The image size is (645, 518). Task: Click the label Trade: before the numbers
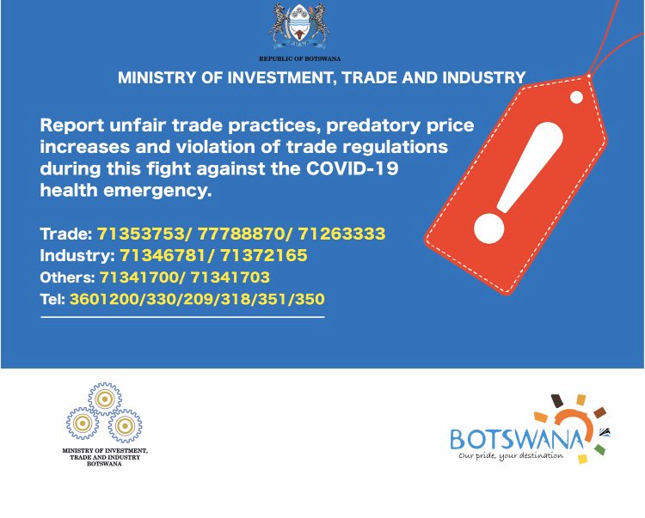65,234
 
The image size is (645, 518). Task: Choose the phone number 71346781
158,256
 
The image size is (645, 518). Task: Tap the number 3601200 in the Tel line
102,300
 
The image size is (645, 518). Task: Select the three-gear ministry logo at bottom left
104,413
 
